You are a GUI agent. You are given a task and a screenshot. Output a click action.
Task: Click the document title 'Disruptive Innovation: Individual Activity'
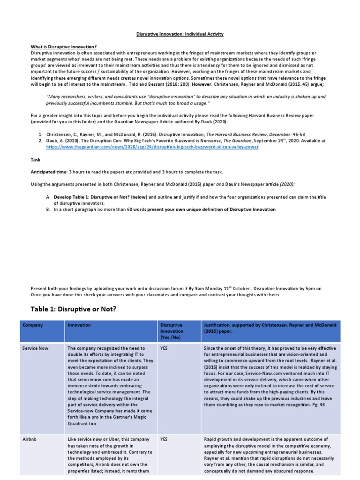tap(180, 34)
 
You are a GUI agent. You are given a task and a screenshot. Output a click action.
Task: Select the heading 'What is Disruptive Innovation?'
tap(64, 47)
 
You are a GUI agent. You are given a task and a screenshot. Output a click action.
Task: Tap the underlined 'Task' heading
tap(35, 159)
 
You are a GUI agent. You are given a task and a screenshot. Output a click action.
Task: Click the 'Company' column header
tap(32, 325)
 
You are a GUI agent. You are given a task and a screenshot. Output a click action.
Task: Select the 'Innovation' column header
tap(79, 325)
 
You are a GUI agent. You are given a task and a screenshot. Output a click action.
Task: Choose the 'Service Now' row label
tap(35, 349)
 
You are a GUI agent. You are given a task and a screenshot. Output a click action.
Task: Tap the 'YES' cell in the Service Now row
tap(164, 349)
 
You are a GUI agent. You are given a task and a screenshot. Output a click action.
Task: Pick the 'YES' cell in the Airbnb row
tap(164, 440)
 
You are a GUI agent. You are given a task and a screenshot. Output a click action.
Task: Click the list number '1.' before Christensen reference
tap(40, 134)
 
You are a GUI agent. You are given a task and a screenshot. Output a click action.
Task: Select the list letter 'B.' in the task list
tap(48, 209)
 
